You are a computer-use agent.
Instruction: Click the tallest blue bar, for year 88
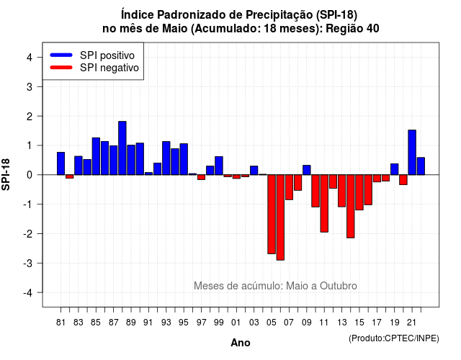tap(122, 148)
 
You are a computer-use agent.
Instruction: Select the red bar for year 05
tap(272, 215)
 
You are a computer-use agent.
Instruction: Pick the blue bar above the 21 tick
tap(412, 153)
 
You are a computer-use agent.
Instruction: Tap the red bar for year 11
tap(324, 203)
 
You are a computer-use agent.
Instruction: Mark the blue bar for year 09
tap(307, 170)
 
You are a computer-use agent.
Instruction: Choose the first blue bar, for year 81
tap(61, 163)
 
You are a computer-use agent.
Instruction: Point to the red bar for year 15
tap(359, 192)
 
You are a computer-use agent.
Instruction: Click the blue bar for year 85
tap(96, 156)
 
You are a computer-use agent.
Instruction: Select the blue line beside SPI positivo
tap(61, 55)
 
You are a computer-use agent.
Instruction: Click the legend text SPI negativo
tap(109, 68)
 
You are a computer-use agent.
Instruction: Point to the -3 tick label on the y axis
tap(29, 263)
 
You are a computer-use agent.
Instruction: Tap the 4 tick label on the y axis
tap(30, 58)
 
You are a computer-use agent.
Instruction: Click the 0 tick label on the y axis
tap(30, 175)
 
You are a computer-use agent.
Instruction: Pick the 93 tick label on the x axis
tap(166, 323)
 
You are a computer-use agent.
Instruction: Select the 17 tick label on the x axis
tap(377, 323)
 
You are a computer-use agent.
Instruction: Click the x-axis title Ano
tap(241, 343)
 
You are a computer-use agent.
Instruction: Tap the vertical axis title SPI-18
tap(6, 174)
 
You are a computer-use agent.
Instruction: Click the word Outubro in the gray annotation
tap(339, 286)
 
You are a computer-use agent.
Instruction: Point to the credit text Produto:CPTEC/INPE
tap(394, 338)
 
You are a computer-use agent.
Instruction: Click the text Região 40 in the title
tap(352, 29)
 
